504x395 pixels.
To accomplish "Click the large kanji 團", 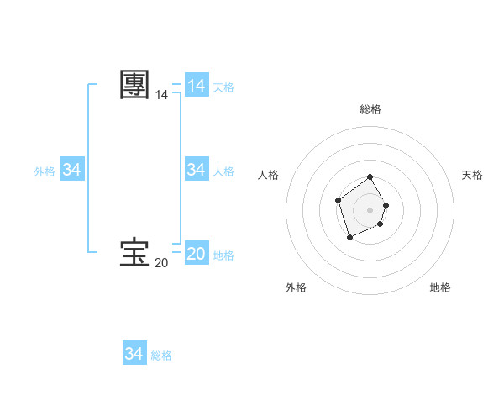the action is pyautogui.click(x=134, y=85).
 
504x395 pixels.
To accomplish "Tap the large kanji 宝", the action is pyautogui.click(x=134, y=252).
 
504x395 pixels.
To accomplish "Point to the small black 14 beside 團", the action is pyautogui.click(x=161, y=96).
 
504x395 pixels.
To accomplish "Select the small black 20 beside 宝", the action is pyautogui.click(x=161, y=263).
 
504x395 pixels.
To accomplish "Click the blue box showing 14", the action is pyautogui.click(x=197, y=86).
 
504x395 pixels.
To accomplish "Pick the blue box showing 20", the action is pyautogui.click(x=197, y=253).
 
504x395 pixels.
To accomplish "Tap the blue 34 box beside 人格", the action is pyautogui.click(x=197, y=170).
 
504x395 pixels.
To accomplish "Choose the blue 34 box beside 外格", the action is pyautogui.click(x=72, y=170).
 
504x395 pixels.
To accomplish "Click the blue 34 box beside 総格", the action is pyautogui.click(x=134, y=354).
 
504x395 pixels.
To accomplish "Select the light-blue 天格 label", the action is pyautogui.click(x=223, y=87).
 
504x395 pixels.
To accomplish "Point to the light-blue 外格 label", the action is pyautogui.click(x=45, y=171).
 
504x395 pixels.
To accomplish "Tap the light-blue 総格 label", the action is pyautogui.click(x=161, y=355).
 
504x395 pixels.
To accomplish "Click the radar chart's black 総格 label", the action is pyautogui.click(x=370, y=109).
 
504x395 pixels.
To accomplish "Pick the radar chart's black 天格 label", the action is pyautogui.click(x=472, y=175).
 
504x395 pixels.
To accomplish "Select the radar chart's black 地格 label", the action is pyautogui.click(x=440, y=287).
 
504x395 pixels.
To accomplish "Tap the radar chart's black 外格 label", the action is pyautogui.click(x=296, y=287).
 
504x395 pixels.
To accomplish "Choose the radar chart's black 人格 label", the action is pyautogui.click(x=269, y=175).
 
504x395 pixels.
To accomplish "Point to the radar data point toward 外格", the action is pyautogui.click(x=350, y=239).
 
